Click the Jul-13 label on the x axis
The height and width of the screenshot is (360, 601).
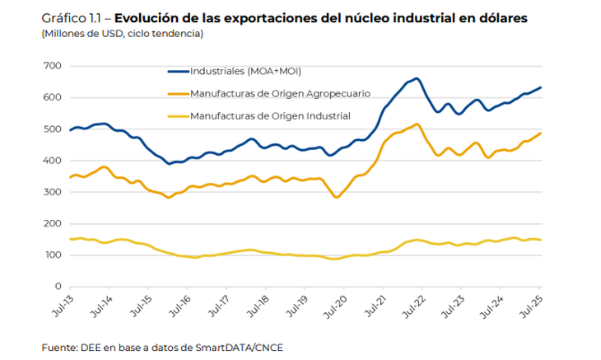tap(63, 307)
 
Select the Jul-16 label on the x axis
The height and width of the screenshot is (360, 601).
tap(181, 307)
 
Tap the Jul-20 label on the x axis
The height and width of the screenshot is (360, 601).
tap(338, 307)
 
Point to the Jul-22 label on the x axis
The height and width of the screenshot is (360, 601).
tap(416, 307)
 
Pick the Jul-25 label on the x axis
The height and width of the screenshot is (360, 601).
tap(533, 307)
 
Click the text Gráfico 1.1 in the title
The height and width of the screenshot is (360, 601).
tap(65, 17)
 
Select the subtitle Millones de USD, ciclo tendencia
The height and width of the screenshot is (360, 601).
tap(121, 33)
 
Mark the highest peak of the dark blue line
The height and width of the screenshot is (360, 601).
tap(417, 78)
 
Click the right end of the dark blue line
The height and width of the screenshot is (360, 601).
tap(541, 87)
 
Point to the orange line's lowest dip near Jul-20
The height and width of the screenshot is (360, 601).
tap(336, 198)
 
